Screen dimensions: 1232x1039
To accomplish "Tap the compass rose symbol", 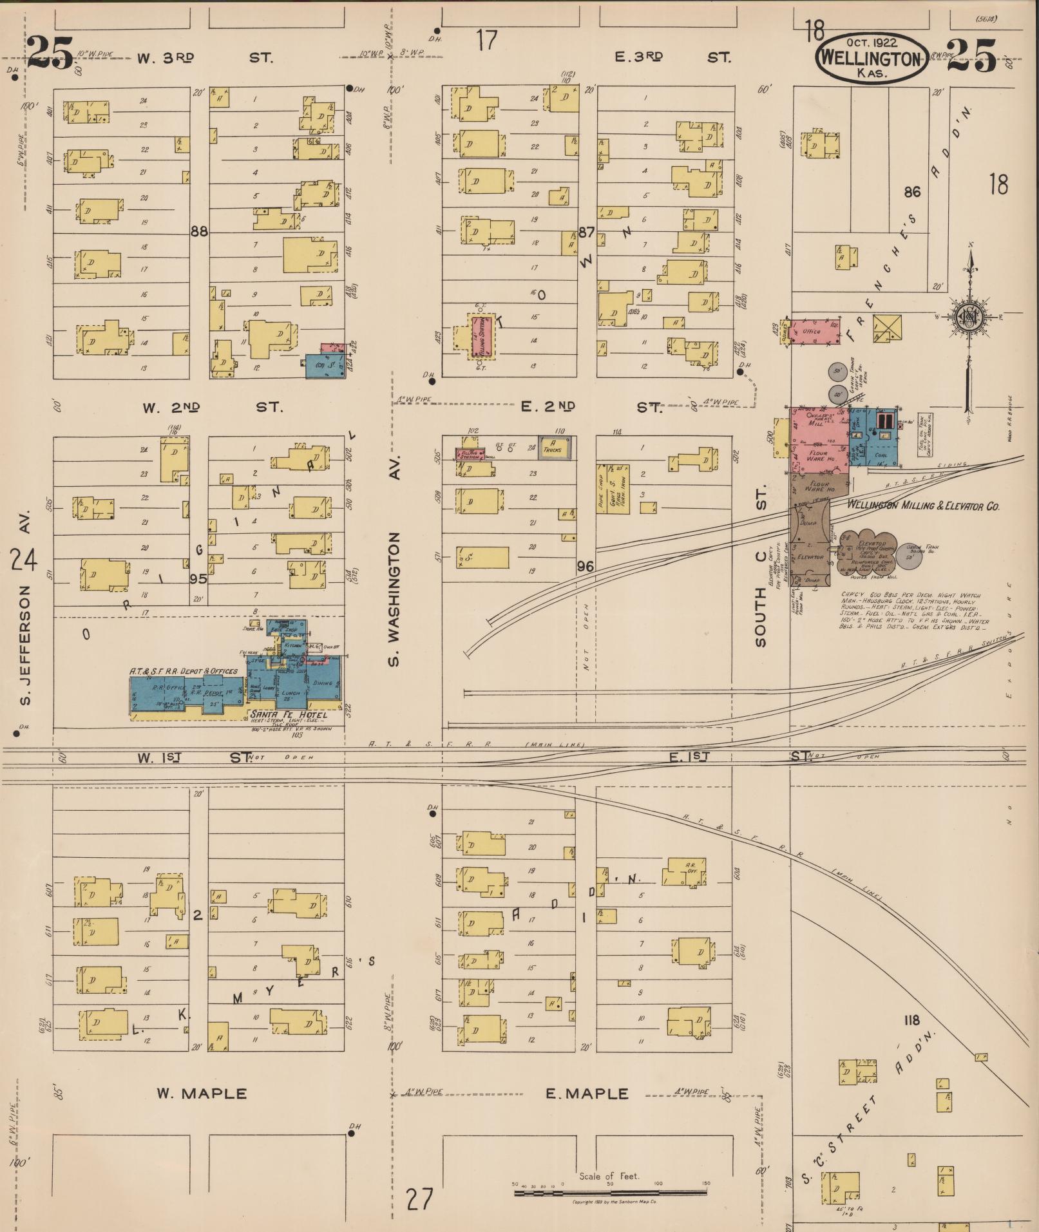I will [x=968, y=316].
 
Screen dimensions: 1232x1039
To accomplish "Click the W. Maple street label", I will [x=202, y=1094].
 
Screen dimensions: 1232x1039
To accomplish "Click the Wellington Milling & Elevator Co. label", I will [x=922, y=506].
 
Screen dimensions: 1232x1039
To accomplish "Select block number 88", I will [x=199, y=231].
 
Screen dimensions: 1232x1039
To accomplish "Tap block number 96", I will [x=585, y=567].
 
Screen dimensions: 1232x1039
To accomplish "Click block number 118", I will [x=911, y=1019].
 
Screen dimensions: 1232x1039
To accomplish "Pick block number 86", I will [x=912, y=191].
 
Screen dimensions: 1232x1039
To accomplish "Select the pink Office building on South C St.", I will [x=814, y=331].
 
